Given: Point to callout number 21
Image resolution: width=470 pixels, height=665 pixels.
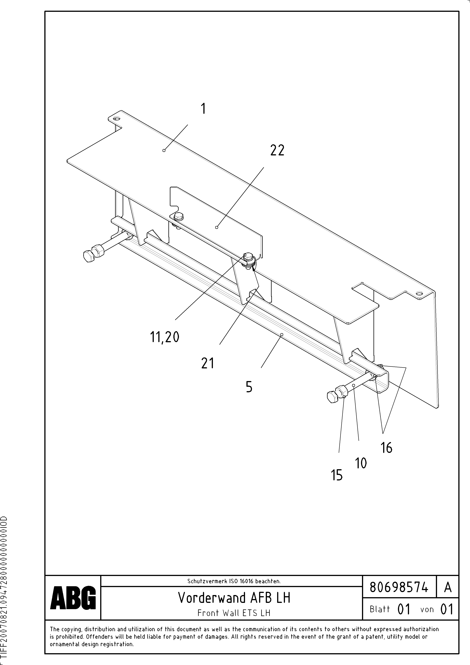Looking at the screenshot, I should [208, 363].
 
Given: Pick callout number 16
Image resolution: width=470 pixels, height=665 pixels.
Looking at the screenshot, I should [386, 447].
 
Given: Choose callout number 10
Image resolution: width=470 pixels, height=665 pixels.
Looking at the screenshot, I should [361, 463].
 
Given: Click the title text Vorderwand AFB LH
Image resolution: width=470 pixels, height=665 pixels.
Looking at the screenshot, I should [234, 597].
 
